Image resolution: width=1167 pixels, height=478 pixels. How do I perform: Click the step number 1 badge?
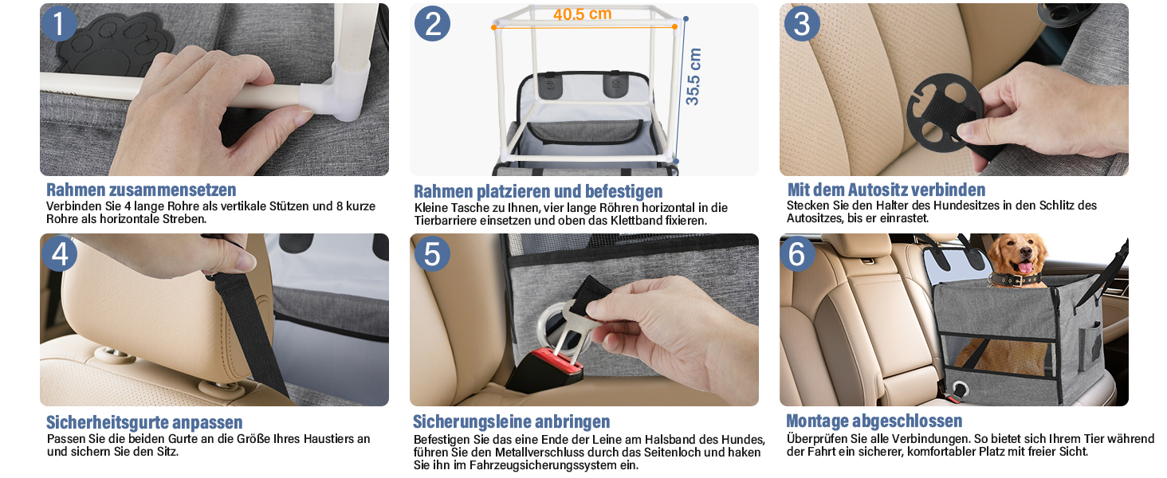coord(59,23)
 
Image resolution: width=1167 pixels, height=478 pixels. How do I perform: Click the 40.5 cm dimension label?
coord(582,14)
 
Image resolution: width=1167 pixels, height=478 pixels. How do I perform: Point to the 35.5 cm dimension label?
coord(694,76)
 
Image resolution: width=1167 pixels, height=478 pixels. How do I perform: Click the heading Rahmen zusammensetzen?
coord(141,190)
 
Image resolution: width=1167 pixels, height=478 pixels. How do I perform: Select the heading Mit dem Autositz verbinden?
coord(886,190)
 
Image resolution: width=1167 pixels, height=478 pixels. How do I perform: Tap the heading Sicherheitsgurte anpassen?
coord(144,422)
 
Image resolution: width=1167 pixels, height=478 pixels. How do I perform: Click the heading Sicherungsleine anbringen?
coord(511,421)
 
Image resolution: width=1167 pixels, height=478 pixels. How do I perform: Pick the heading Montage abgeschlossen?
coord(874,421)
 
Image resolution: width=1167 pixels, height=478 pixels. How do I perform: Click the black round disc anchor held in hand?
coord(944,113)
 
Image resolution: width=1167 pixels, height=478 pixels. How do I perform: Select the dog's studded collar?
coord(1015,280)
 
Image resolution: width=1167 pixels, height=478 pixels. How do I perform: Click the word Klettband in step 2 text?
coord(639,221)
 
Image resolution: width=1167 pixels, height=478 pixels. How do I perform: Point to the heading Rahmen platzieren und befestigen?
coord(538,191)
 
